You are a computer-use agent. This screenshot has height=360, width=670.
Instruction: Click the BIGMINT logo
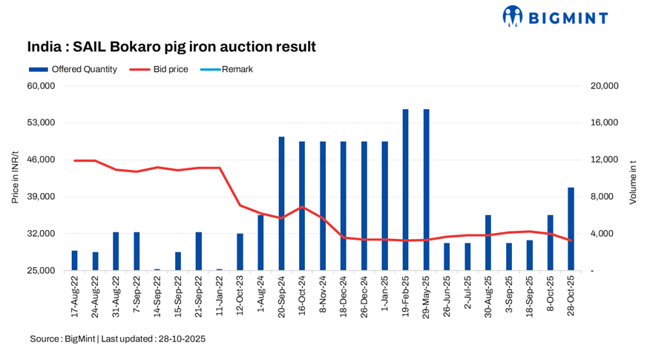(555, 16)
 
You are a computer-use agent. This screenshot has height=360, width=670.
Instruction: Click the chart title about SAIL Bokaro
(171, 47)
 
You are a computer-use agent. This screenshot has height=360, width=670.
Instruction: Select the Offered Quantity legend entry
(73, 69)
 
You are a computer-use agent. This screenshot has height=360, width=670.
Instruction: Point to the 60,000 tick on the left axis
(42, 85)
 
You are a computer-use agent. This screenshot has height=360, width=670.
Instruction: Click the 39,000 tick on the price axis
(42, 197)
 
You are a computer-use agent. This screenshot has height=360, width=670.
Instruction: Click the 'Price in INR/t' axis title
(16, 178)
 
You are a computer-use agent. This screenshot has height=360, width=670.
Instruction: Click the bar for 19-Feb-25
(406, 190)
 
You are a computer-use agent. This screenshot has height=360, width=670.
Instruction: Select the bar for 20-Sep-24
(282, 203)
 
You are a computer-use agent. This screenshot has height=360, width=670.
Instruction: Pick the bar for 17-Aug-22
(75, 261)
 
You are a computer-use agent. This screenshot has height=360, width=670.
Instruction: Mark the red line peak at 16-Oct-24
(302, 206)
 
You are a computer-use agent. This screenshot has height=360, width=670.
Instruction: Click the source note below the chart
(118, 338)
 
